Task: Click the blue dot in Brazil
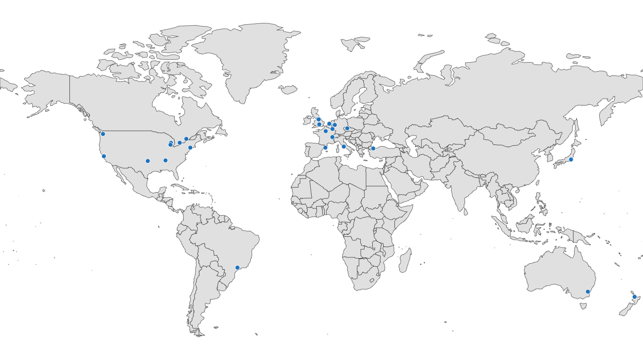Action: pos(237,268)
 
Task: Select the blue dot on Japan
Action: pos(571,159)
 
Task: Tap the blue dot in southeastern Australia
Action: pos(588,292)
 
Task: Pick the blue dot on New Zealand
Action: pos(634,297)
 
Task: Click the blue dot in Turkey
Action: pos(373,148)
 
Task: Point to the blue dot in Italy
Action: pos(344,146)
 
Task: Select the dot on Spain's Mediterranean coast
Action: pos(325,148)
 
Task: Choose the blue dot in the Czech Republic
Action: pos(347,128)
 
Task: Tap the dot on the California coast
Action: pos(104,156)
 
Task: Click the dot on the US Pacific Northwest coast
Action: pos(103,134)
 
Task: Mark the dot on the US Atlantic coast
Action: pos(190,148)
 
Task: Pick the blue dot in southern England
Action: pos(319,124)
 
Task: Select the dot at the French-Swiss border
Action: pos(332,137)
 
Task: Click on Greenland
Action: pos(243,58)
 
